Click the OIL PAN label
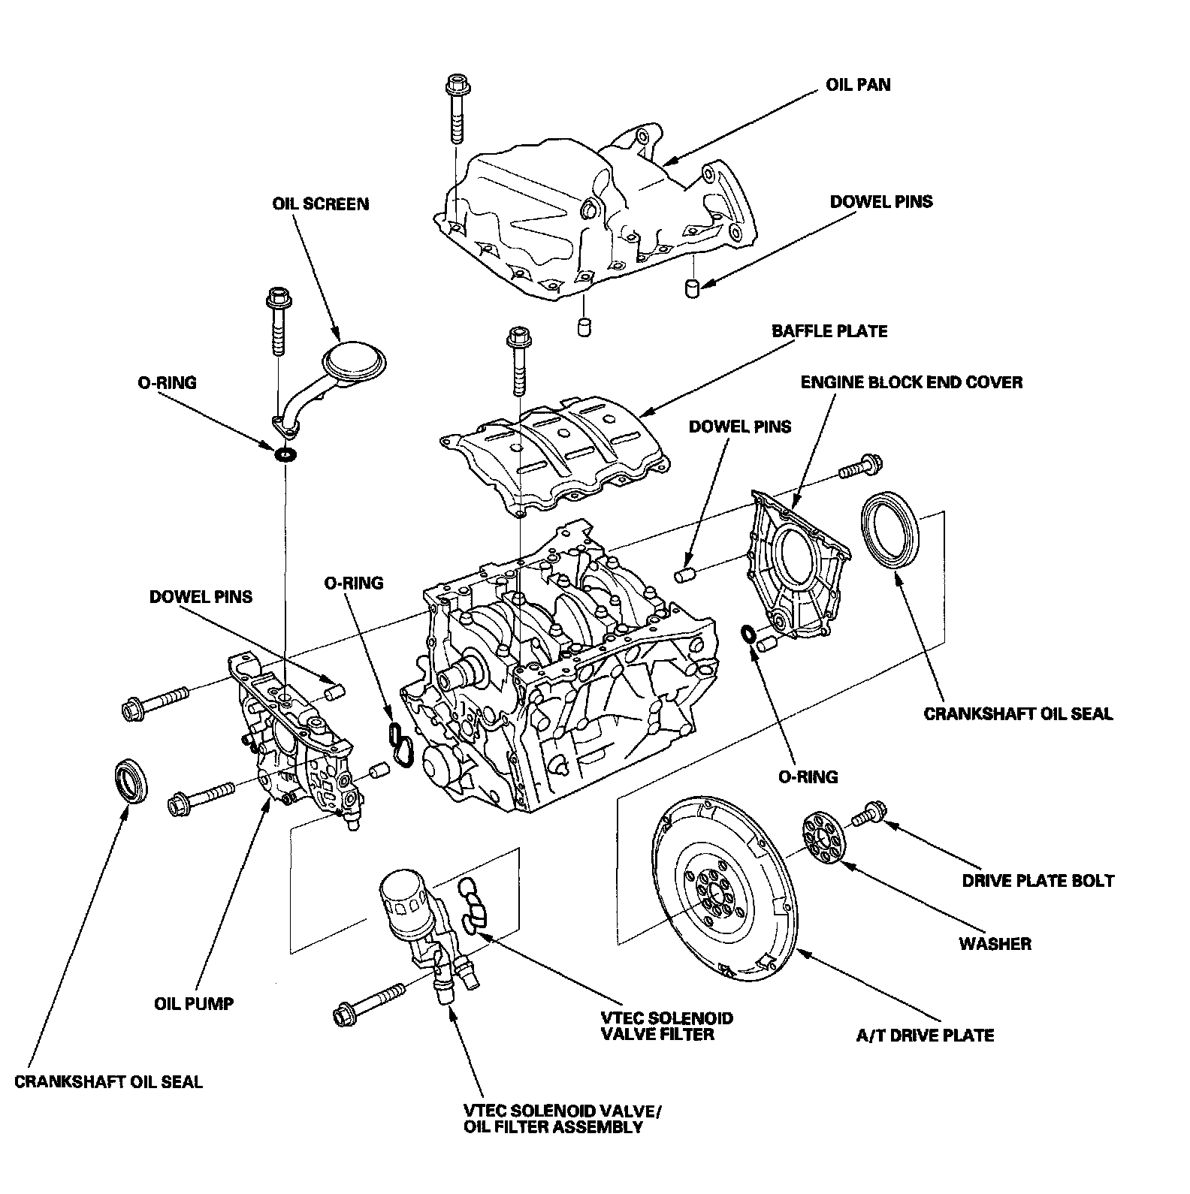pos(858,84)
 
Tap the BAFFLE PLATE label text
pos(829,330)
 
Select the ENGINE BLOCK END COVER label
pos(911,382)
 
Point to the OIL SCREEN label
pos(321,204)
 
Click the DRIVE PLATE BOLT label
pos(1038,881)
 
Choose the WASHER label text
pos(995,944)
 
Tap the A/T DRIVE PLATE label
pos(925,1036)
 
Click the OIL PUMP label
pos(194,1003)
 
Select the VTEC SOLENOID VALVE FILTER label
pos(666,1027)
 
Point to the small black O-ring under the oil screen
pos(286,454)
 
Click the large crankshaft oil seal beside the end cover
pos(890,529)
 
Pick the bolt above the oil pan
pos(456,109)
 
